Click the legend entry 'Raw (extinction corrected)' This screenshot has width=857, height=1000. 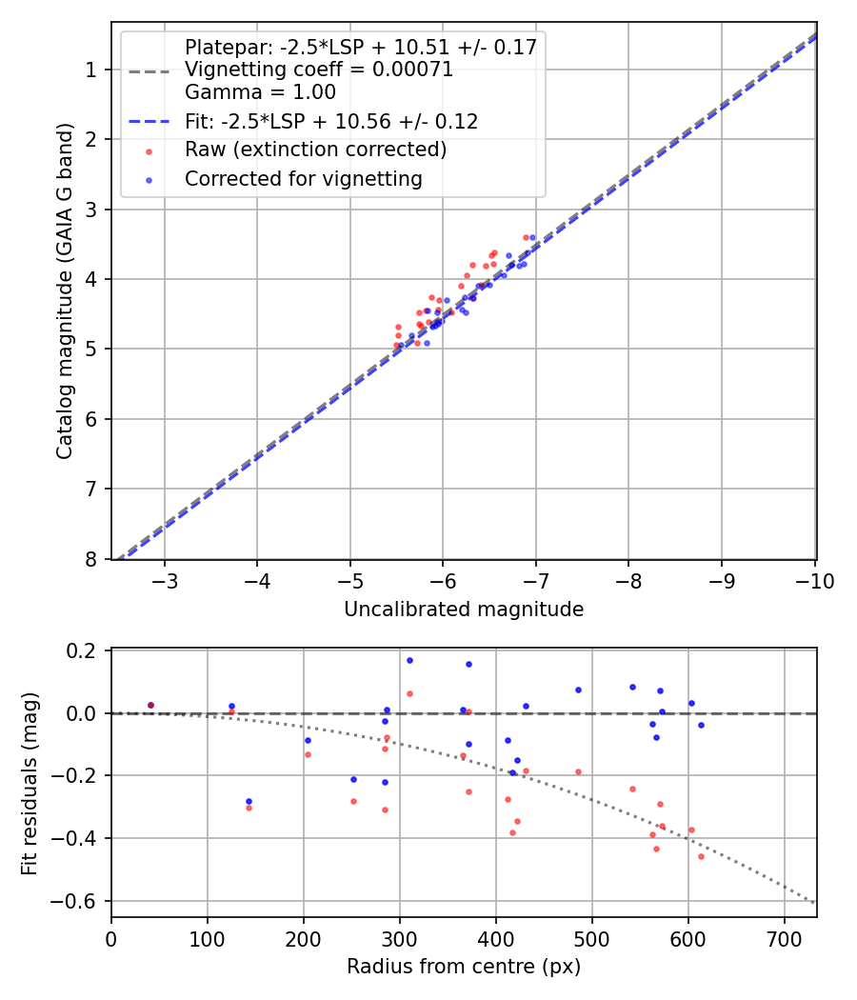(315, 150)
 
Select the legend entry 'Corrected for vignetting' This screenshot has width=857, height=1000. (303, 178)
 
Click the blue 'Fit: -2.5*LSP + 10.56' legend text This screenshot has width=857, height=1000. (330, 122)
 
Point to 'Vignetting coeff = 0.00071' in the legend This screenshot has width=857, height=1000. (318, 70)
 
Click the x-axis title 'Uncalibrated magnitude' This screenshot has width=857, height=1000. (464, 610)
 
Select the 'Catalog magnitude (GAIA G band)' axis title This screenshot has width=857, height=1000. (65, 290)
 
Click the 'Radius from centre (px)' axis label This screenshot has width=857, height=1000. (464, 967)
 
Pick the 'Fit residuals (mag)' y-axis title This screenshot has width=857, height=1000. (30, 783)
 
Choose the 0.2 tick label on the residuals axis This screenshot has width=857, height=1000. (84, 651)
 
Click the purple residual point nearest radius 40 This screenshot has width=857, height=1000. (150, 706)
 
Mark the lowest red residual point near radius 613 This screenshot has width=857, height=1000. (701, 856)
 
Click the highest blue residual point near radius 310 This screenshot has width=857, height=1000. (409, 660)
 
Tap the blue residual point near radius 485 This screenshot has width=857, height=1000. (578, 690)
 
